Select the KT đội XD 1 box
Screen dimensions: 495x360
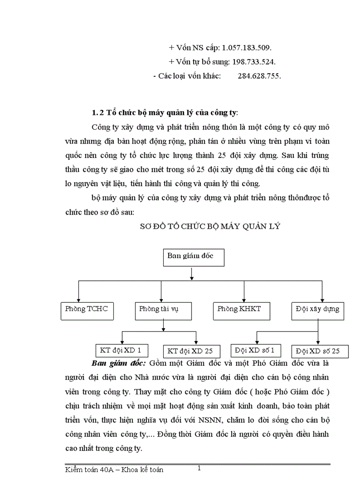click(121, 350)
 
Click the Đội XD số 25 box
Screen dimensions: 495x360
click(320, 351)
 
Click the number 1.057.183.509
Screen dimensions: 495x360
click(247, 47)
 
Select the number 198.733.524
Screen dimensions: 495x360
click(254, 61)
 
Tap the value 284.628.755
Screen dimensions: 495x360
click(259, 75)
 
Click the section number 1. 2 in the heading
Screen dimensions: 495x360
click(97, 112)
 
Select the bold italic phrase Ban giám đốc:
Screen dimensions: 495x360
click(119, 364)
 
